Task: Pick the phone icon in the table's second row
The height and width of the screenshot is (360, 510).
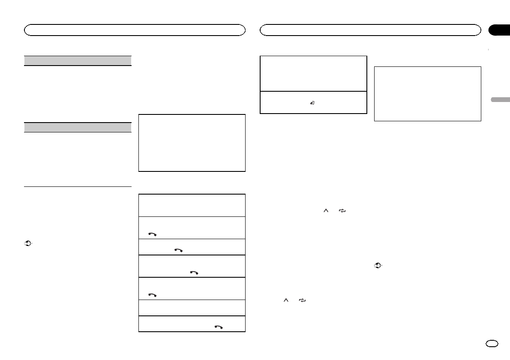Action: (x=152, y=234)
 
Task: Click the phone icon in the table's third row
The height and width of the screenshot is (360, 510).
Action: (x=178, y=250)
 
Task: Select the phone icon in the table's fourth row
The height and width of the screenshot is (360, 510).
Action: (x=194, y=273)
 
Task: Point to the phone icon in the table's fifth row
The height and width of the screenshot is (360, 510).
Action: (x=152, y=295)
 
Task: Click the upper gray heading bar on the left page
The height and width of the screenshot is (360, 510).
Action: (x=77, y=60)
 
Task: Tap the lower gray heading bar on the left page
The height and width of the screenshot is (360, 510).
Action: (x=77, y=127)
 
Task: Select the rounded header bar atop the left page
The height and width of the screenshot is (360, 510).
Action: (x=135, y=30)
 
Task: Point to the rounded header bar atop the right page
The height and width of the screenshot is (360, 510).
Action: (x=370, y=30)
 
